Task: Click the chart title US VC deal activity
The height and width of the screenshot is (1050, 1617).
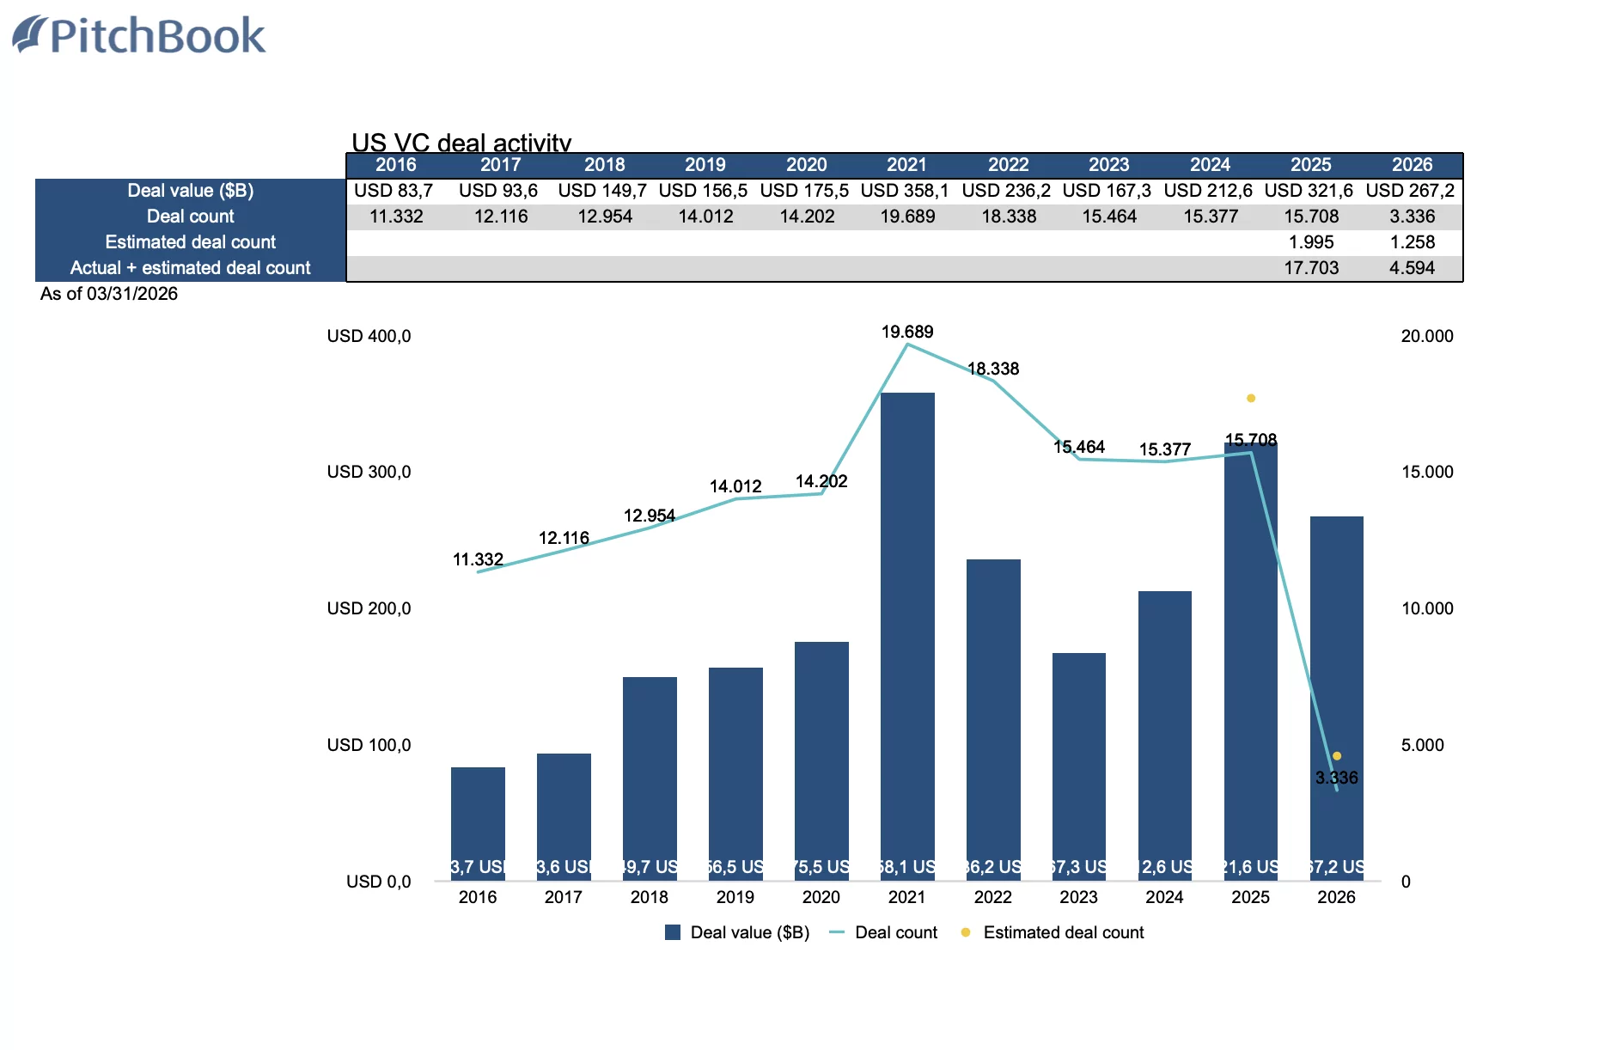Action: (x=461, y=143)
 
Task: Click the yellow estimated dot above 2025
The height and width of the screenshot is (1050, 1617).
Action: (x=1251, y=398)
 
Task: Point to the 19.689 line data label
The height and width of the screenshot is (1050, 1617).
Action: (x=907, y=332)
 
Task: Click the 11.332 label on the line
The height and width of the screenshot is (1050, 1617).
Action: (x=478, y=559)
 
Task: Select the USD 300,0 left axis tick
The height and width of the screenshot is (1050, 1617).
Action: (x=369, y=472)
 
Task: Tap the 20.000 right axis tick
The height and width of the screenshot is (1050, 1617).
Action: (x=1427, y=336)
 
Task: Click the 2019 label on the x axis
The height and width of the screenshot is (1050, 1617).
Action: (x=735, y=897)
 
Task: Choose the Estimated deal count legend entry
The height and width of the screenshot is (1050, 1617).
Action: (x=1063, y=932)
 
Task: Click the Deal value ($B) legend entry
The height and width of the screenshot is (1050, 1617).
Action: (x=749, y=932)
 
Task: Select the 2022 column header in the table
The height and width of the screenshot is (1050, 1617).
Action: (x=1008, y=165)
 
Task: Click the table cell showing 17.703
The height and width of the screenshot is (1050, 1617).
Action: (x=1311, y=268)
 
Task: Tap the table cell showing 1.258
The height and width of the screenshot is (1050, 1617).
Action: (x=1412, y=242)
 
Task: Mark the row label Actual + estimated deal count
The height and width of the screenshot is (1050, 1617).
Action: (x=191, y=268)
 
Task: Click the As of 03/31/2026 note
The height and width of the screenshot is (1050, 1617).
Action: (x=109, y=294)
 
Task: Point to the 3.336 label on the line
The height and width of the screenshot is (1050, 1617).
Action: (x=1337, y=778)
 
